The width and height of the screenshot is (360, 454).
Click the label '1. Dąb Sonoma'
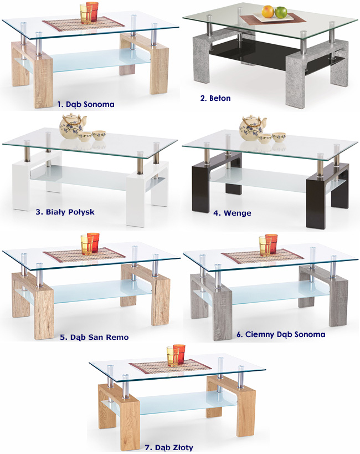tap(86, 104)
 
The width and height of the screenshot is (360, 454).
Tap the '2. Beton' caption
tap(215, 98)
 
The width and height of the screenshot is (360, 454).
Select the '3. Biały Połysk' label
tap(65, 212)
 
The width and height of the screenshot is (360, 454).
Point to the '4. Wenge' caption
tap(232, 213)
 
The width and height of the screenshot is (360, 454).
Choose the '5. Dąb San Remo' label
tap(94, 337)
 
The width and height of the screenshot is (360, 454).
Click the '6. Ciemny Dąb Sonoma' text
tap(281, 334)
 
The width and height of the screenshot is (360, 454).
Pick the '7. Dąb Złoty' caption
tap(169, 447)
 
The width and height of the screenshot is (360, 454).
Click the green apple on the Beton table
tap(281, 12)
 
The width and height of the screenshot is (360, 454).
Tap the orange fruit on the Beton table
tap(268, 12)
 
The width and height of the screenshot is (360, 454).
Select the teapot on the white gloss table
tap(73, 126)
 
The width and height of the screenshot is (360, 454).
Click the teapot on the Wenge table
tap(253, 128)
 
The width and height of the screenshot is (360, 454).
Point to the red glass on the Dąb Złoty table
tap(179, 354)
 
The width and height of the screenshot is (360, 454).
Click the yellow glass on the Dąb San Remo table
tap(86, 244)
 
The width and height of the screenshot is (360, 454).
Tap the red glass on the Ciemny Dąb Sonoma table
tap(271, 244)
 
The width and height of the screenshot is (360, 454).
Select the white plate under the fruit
tap(271, 18)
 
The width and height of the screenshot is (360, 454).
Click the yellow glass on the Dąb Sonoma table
tap(85, 14)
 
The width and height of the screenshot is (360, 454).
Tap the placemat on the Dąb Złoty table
tap(170, 367)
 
